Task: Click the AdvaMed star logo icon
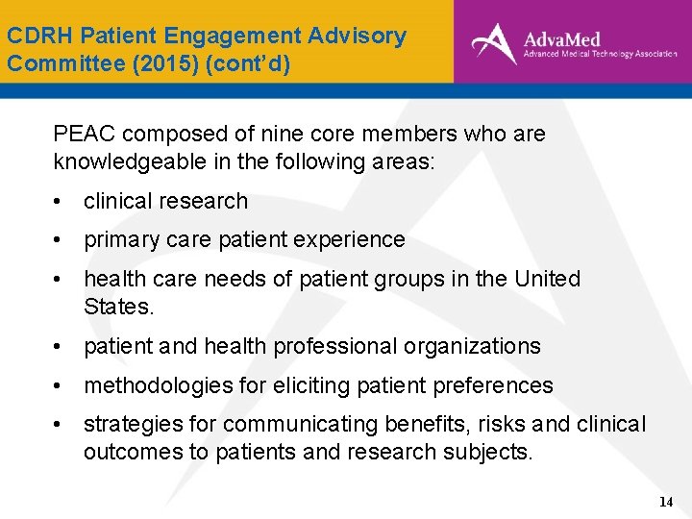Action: tap(493, 42)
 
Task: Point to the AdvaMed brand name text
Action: tap(562, 39)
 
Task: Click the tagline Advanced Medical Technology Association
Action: tap(600, 56)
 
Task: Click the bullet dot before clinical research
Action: tap(60, 202)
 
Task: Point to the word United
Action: tap(547, 279)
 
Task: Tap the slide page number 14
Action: tap(666, 502)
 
